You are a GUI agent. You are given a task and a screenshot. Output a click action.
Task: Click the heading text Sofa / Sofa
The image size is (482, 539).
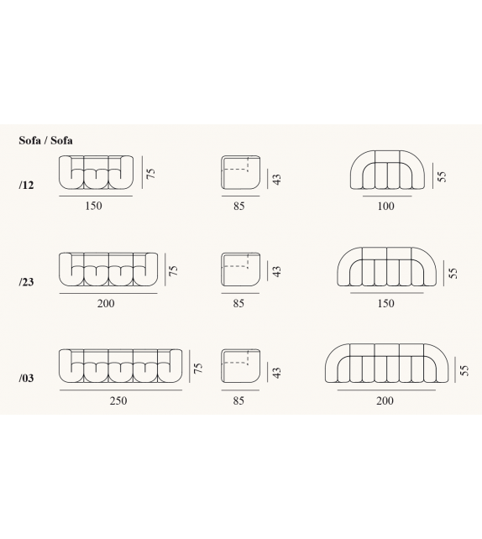click(45, 141)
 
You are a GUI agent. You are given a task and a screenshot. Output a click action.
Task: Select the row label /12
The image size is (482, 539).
click(26, 185)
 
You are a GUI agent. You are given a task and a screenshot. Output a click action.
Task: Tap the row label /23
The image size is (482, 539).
click(26, 282)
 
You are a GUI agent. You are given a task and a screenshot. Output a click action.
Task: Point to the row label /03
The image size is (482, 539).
click(26, 379)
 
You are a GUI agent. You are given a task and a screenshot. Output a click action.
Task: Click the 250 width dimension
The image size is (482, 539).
click(118, 400)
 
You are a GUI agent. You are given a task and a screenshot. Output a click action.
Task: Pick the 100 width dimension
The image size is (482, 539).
click(385, 206)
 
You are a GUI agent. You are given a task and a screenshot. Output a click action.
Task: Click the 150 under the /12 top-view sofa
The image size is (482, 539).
click(93, 206)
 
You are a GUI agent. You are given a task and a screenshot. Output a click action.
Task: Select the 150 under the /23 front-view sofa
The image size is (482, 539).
click(385, 303)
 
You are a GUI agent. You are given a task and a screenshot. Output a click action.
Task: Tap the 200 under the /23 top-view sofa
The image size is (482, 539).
click(106, 303)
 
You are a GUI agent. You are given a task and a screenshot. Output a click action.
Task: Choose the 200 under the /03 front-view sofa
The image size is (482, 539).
click(385, 400)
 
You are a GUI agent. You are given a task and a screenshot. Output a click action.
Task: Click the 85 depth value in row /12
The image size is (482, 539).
click(239, 206)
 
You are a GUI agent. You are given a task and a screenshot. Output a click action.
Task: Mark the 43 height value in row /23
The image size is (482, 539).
click(276, 271)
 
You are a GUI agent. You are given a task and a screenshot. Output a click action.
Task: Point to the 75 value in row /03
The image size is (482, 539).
click(198, 368)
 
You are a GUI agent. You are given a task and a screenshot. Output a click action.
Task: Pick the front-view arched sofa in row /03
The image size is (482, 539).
click(385, 366)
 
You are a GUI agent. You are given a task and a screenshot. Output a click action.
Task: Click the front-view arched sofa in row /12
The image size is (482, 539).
click(385, 172)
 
